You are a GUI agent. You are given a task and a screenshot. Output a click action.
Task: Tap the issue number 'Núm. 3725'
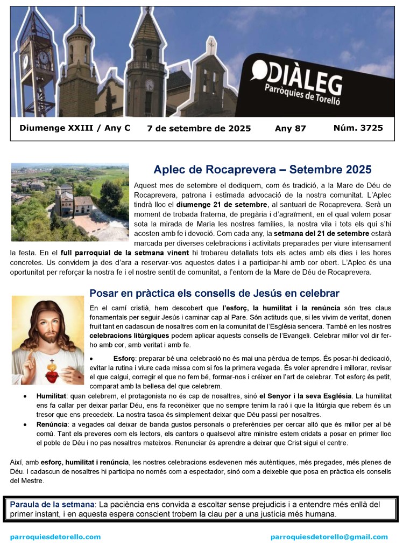pos(358,128)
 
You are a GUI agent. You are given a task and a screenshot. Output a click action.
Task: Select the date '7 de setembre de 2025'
pos(199,129)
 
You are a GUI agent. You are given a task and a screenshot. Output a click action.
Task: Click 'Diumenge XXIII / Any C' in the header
pos(75,128)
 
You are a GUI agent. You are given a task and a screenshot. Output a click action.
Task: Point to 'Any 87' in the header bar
pos(290,129)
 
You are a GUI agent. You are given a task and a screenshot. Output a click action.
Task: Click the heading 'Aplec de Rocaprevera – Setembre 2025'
pos(263,170)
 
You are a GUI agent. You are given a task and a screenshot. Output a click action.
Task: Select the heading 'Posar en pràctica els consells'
pos(214,294)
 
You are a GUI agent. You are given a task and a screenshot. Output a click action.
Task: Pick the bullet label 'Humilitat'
pos(51,396)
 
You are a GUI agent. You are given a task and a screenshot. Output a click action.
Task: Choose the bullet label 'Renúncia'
pos(51,424)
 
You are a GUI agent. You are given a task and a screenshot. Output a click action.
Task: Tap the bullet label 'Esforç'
pos(125,358)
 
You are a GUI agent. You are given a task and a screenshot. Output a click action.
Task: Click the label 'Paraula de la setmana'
pos(52,504)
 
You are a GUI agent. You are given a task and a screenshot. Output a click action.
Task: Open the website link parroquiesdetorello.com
pos(55,537)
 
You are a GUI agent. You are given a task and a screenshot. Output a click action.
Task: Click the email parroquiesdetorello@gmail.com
pos(329,537)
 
